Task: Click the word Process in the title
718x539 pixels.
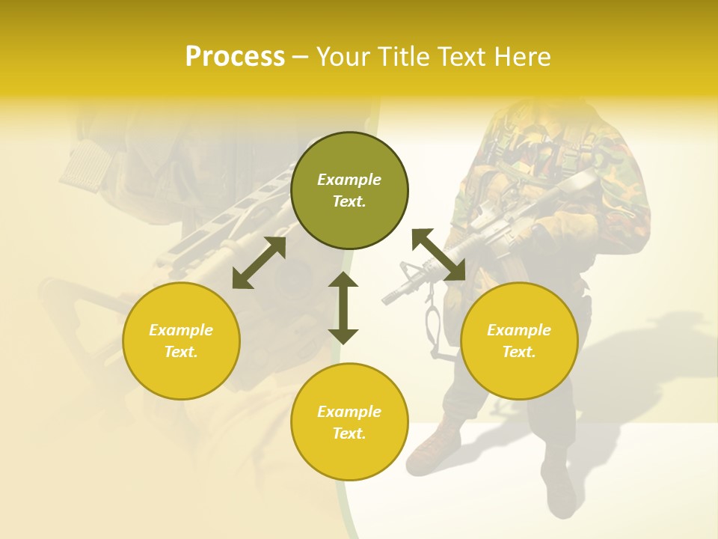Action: (235, 57)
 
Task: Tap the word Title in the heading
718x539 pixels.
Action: (405, 57)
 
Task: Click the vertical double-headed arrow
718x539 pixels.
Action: (343, 308)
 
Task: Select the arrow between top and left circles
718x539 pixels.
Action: (259, 263)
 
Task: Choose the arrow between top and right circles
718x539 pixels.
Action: (438, 255)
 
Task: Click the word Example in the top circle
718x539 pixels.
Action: (349, 180)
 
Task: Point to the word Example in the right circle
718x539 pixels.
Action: (519, 330)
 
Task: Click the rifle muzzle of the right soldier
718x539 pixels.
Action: (389, 299)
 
